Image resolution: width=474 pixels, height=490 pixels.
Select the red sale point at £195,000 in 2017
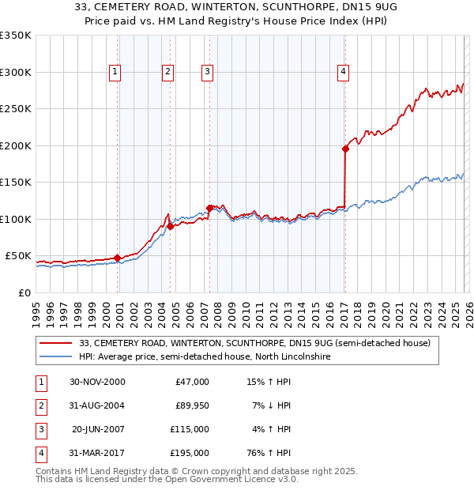[345, 149]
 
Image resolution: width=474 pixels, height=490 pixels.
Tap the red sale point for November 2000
[118, 258]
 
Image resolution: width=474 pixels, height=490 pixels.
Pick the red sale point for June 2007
[209, 208]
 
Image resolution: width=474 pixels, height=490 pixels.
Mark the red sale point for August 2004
[170, 226]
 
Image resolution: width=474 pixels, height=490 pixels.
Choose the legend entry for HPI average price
[204, 357]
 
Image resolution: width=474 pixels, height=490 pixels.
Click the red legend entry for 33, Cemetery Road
[254, 343]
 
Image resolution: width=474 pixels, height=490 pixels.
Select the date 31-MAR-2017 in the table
[97, 453]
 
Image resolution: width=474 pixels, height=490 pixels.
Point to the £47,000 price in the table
[190, 382]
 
